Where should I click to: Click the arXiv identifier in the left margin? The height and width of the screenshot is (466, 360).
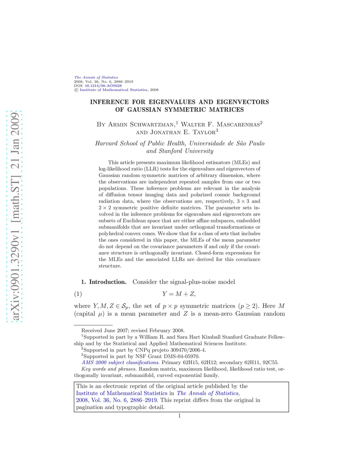[x=14, y=216]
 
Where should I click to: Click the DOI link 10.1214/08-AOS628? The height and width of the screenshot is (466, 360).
[x=103, y=85]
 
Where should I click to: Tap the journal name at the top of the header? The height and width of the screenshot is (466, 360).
[x=96, y=77]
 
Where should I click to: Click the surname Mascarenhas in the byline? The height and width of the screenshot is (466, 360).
[x=238, y=125]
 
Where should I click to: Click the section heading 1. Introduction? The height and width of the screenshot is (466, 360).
[x=104, y=282]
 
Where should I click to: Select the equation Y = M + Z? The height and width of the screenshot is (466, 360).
[x=179, y=294]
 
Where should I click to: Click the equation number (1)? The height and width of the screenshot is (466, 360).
[x=78, y=294]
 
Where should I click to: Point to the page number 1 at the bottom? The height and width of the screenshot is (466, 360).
[x=179, y=416]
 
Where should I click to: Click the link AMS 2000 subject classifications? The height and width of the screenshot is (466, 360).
[x=120, y=363]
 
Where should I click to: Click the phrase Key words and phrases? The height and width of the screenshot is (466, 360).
[x=109, y=369]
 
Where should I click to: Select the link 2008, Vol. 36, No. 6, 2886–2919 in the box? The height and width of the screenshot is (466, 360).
[x=117, y=400]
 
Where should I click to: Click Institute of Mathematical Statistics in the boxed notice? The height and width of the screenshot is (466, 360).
[x=122, y=393]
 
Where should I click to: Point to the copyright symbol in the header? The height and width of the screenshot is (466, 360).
[x=76, y=90]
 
